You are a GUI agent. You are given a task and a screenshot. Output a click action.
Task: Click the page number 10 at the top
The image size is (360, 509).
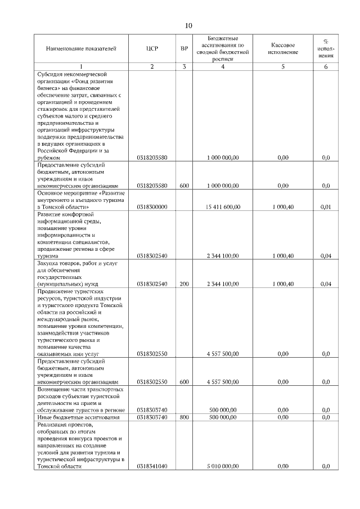tap(188, 26)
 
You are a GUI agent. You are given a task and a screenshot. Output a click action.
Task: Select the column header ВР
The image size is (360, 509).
tap(184, 49)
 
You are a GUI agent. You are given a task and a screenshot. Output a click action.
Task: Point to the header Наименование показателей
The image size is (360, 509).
tap(81, 49)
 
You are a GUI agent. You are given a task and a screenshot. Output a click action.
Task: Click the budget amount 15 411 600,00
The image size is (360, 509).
tap(223, 208)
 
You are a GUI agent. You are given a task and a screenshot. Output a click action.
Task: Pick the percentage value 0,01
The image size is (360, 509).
tap(325, 208)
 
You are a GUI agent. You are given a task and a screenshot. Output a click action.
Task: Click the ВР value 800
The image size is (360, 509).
tap(184, 418)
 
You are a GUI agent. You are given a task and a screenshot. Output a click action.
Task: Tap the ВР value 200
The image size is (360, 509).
tap(184, 284)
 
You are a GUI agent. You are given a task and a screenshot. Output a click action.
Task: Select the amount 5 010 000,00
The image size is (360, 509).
tap(223, 467)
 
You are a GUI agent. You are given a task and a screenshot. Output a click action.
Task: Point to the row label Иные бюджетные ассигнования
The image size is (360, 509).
tap(78, 418)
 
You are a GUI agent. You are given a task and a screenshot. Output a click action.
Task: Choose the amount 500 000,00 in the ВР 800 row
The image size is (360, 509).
tap(223, 418)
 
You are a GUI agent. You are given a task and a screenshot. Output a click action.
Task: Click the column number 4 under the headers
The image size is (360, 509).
tap(223, 67)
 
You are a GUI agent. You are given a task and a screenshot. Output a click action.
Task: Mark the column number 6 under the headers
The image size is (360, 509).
tap(325, 67)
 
